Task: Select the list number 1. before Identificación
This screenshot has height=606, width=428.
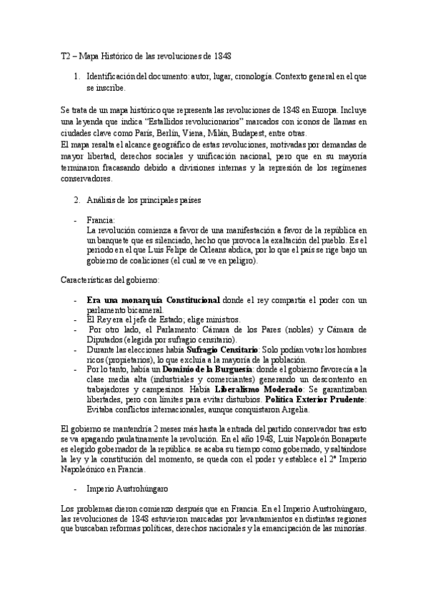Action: (78, 75)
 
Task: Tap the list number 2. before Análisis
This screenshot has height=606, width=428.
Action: (78, 200)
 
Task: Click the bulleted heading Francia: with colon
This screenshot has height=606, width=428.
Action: (101, 220)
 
